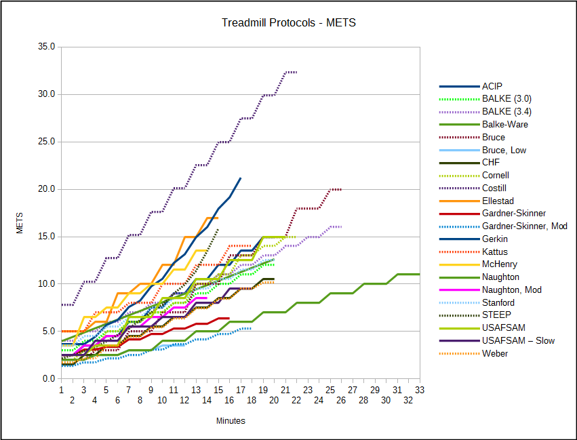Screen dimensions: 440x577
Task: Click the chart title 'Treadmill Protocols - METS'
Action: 288,23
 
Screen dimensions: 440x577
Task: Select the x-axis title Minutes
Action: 231,421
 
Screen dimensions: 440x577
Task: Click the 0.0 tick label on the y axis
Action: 49,379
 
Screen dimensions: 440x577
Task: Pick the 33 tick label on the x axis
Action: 420,390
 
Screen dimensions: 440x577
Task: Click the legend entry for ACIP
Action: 492,86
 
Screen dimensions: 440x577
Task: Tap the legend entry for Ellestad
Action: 498,201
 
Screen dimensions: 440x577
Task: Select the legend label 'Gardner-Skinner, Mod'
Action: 524,226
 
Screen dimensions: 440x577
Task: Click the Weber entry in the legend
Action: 494,353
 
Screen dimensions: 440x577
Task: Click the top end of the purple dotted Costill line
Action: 296,72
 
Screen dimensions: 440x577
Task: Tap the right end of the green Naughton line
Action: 420,274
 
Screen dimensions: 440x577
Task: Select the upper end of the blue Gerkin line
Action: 241,178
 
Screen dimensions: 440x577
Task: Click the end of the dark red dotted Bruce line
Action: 341,189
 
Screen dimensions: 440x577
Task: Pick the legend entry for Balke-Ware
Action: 504,124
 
